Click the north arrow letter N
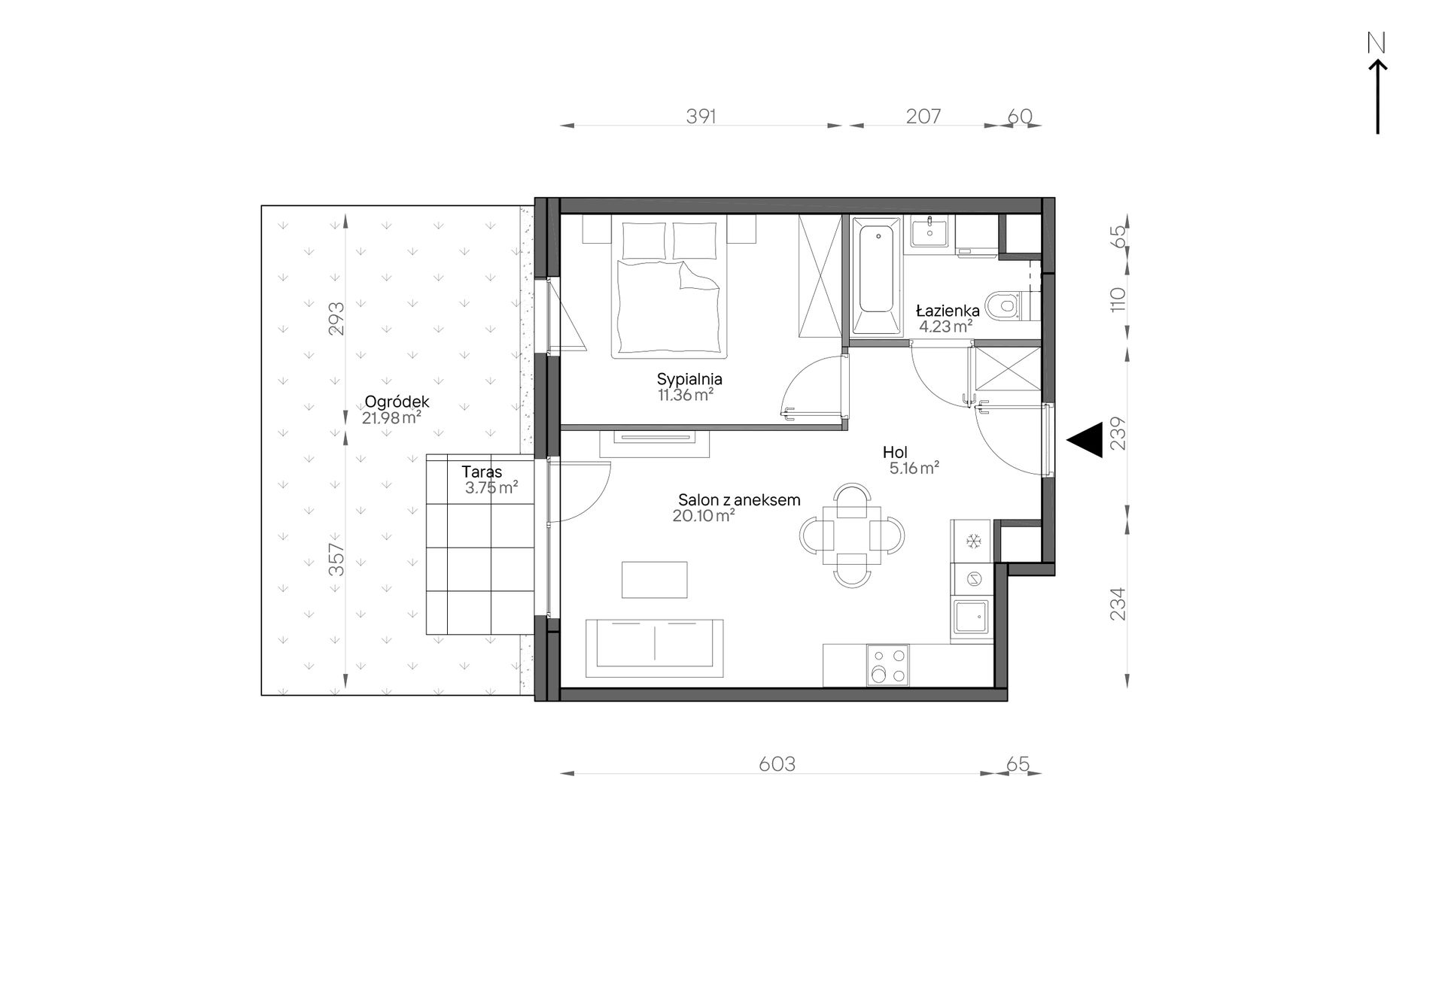coord(1377,44)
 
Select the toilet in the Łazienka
coord(1009,306)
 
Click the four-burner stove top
coord(887,666)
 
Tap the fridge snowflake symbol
coord(973,541)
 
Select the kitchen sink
coord(972,618)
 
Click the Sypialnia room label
coord(689,379)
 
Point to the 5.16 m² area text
coord(914,468)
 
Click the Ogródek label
coord(397,402)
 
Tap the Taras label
coord(482,472)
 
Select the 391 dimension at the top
coord(701,116)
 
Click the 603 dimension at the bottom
coord(777,764)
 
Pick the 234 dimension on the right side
coord(1118,604)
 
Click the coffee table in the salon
coord(655,580)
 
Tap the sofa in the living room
coord(655,648)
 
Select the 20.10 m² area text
coord(704,516)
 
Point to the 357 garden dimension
coord(337,560)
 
